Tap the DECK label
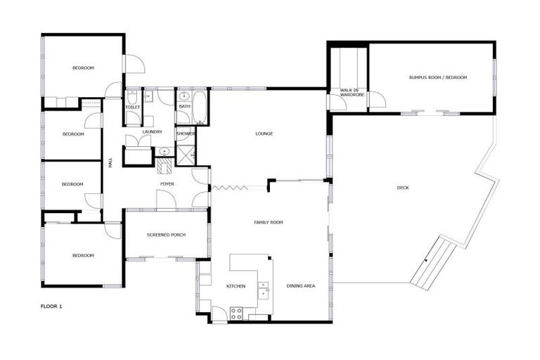[x=403, y=188]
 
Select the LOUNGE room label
[x=264, y=134]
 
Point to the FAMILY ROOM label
[x=268, y=221]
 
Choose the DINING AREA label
[x=300, y=286]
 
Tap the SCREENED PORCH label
[x=166, y=234]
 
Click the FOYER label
[x=167, y=184]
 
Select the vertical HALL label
[x=110, y=162]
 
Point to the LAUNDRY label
[x=152, y=131]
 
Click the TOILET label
[x=133, y=107]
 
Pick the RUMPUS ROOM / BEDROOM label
[x=438, y=77]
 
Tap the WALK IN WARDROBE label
[x=349, y=94]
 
